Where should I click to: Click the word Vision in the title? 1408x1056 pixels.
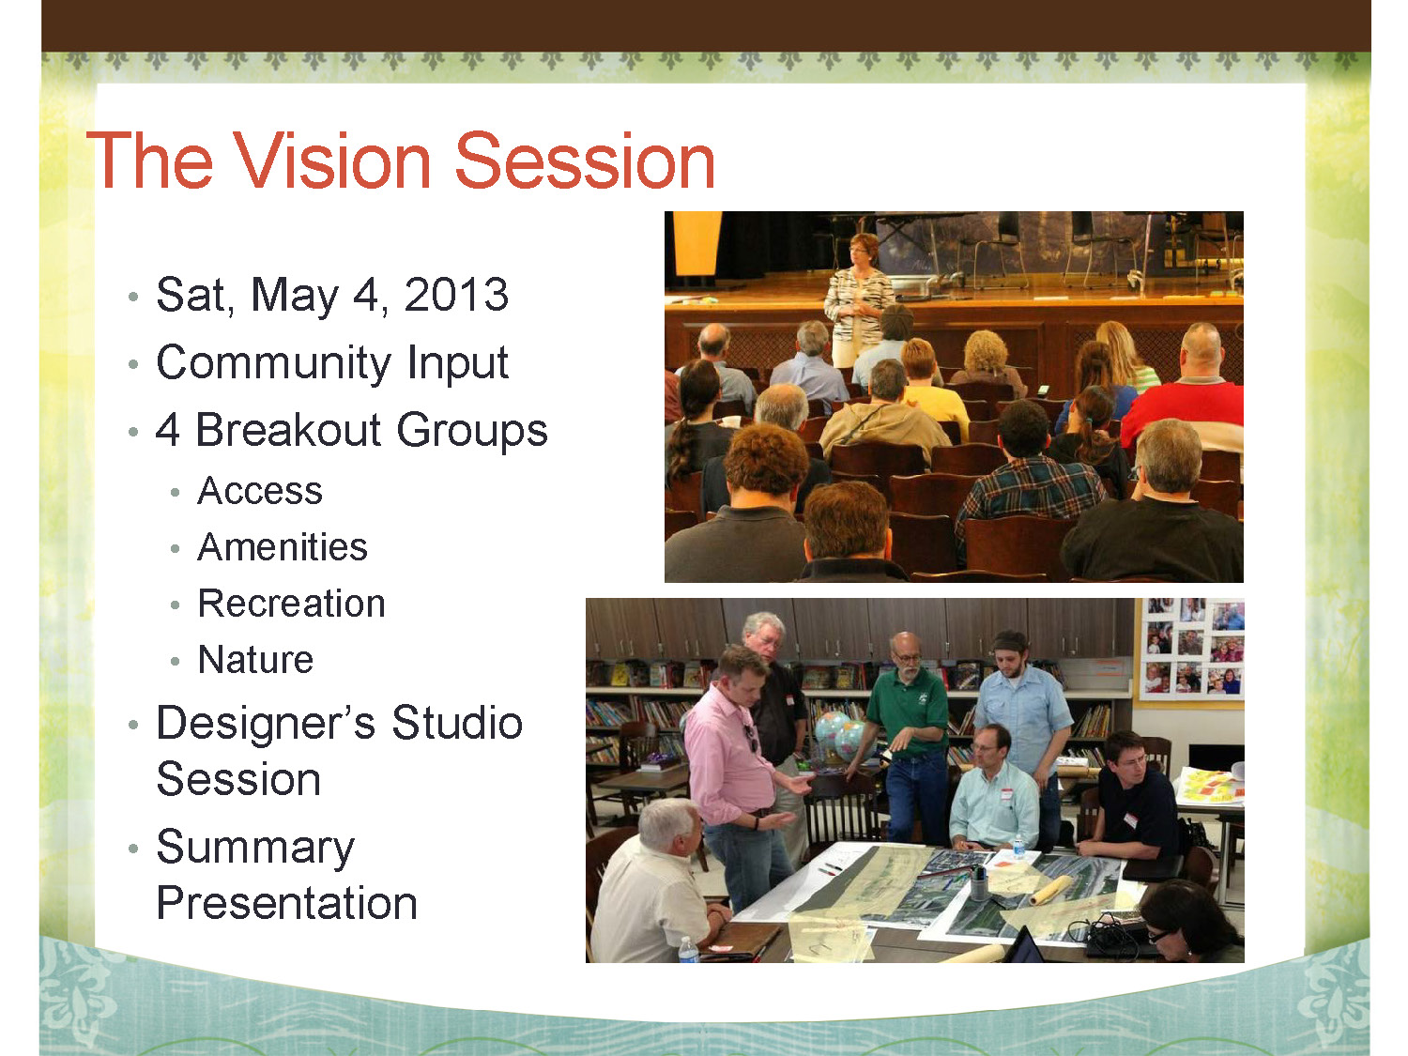tap(332, 161)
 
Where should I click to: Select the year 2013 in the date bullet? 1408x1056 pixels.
tap(456, 295)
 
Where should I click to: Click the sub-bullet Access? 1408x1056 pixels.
tap(260, 491)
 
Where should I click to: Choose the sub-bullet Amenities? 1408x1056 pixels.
tap(283, 547)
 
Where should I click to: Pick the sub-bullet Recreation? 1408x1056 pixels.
tap(291, 604)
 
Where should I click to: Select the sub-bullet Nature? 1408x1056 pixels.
tap(255, 660)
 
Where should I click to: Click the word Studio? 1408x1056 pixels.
tap(457, 723)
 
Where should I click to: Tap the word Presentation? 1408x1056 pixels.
tap(286, 903)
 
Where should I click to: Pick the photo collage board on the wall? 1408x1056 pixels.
tap(1192, 650)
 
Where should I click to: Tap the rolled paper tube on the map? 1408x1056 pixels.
tap(1050, 890)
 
